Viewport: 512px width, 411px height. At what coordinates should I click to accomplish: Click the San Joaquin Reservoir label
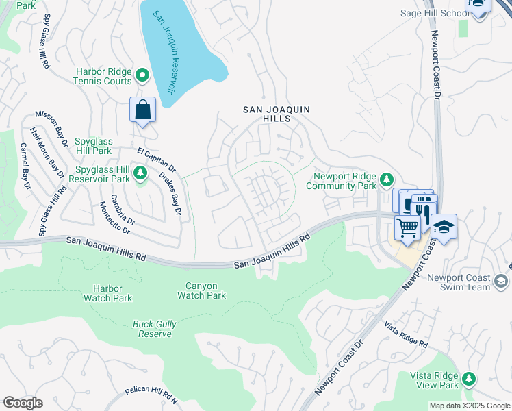pyautogui.click(x=164, y=52)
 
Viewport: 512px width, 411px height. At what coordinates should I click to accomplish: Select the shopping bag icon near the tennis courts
pyautogui.click(x=142, y=110)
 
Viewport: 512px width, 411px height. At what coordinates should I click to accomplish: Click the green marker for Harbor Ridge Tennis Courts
pyautogui.click(x=142, y=75)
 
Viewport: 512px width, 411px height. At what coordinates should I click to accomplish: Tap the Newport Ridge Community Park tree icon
pyautogui.click(x=387, y=179)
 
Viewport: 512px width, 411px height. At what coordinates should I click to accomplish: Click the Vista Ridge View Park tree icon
pyautogui.click(x=468, y=378)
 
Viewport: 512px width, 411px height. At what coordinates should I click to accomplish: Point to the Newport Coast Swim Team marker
pyautogui.click(x=500, y=281)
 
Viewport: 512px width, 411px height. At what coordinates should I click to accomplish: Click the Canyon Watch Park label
pyautogui.click(x=201, y=290)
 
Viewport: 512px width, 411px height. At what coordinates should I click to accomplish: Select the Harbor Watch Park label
pyautogui.click(x=107, y=293)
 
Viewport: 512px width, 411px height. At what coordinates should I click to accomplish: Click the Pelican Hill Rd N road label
pyautogui.click(x=151, y=391)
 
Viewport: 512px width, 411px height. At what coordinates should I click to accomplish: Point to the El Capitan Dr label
pyautogui.click(x=157, y=158)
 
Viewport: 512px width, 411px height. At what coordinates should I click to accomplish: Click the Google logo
pyautogui.click(x=23, y=403)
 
